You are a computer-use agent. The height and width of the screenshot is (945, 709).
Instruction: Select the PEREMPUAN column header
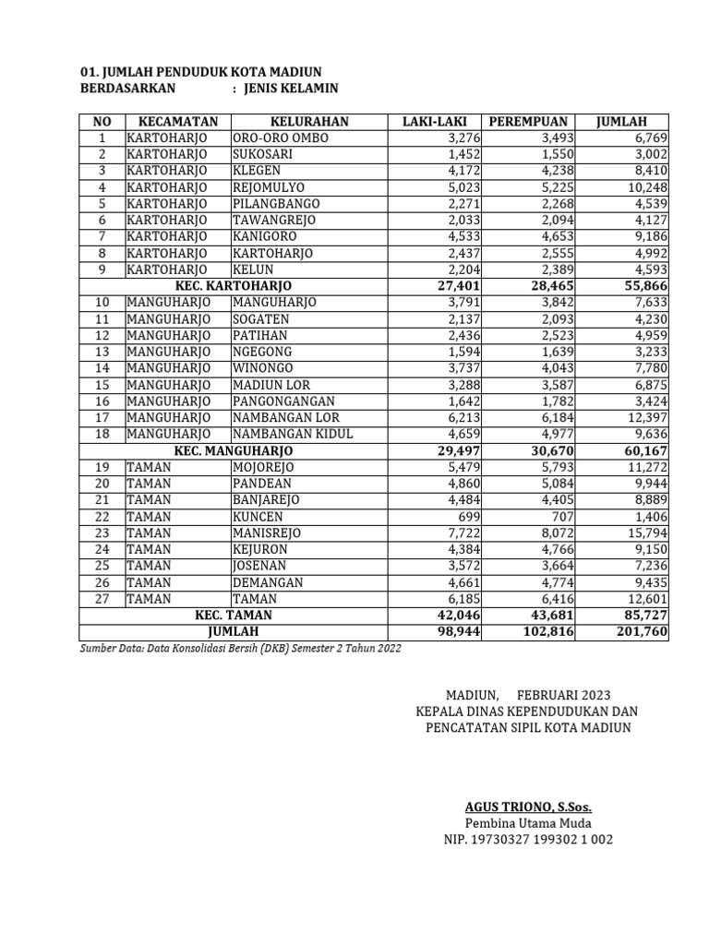pyautogui.click(x=528, y=122)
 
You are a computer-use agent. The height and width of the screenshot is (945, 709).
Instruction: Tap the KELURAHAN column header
pyautogui.click(x=309, y=122)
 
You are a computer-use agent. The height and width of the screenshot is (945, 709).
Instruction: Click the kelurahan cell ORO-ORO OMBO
pyautogui.click(x=279, y=138)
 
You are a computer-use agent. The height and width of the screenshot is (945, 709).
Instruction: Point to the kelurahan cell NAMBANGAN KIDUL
pyautogui.click(x=293, y=434)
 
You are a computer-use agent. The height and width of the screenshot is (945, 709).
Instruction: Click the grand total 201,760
pyautogui.click(x=638, y=631)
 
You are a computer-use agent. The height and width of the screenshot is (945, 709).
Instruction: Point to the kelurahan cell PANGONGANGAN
pyautogui.click(x=284, y=401)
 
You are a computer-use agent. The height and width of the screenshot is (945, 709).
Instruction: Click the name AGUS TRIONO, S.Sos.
pyautogui.click(x=527, y=807)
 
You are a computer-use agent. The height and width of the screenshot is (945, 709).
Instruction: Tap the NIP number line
pyautogui.click(x=527, y=840)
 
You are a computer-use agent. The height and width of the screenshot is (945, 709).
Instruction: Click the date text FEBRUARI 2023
pyautogui.click(x=563, y=694)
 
